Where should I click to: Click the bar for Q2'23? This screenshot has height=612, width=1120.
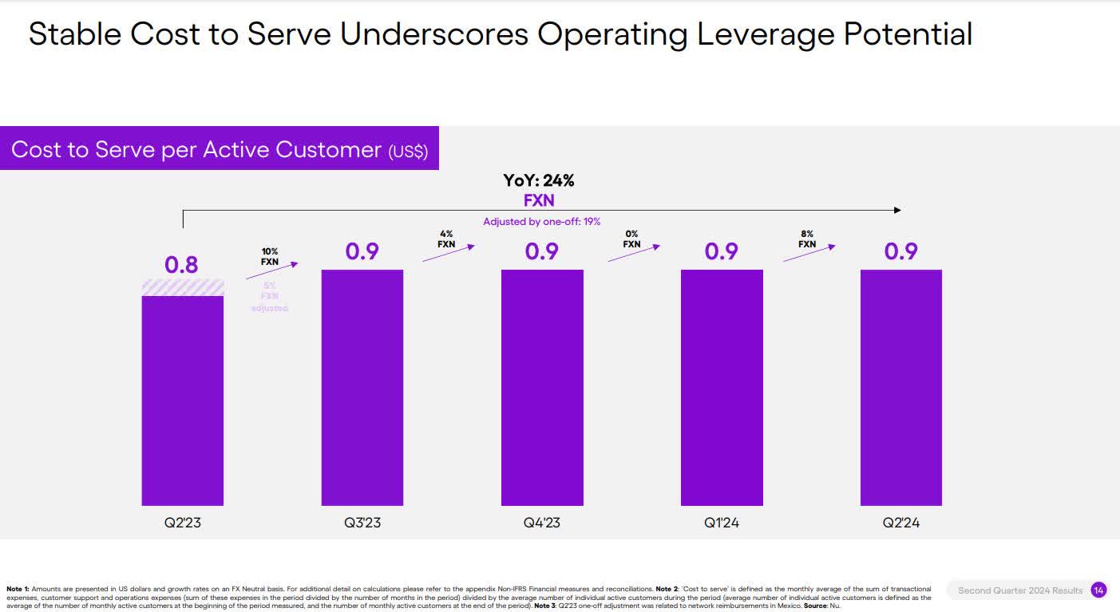click(x=182, y=399)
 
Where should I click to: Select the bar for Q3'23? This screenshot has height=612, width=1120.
click(x=362, y=387)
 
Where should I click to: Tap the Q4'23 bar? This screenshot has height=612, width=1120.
click(x=542, y=387)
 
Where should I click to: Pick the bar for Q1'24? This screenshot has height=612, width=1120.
click(x=722, y=387)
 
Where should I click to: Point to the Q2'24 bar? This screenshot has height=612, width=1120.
click(x=900, y=387)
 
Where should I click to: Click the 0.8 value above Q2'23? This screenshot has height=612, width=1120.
click(x=181, y=265)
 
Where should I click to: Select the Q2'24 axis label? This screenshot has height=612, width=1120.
click(x=900, y=523)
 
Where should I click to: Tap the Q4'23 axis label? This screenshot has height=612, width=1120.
click(x=542, y=523)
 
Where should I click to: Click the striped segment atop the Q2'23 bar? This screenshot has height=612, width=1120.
click(x=182, y=287)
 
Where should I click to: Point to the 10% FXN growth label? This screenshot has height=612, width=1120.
click(x=270, y=256)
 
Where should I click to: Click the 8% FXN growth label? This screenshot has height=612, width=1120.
click(x=807, y=239)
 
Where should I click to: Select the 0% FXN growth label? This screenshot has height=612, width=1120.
click(x=631, y=239)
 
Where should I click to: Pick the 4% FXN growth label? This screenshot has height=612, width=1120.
click(x=446, y=239)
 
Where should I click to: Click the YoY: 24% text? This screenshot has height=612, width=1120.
click(x=539, y=181)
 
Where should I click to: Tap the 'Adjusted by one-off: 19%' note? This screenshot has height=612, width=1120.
click(x=541, y=221)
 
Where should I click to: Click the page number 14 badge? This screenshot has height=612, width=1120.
click(x=1098, y=590)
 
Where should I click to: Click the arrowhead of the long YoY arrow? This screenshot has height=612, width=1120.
click(x=897, y=211)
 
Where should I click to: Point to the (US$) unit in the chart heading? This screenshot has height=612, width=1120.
click(x=408, y=152)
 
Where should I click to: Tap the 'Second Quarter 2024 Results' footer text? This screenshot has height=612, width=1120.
click(x=1020, y=590)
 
